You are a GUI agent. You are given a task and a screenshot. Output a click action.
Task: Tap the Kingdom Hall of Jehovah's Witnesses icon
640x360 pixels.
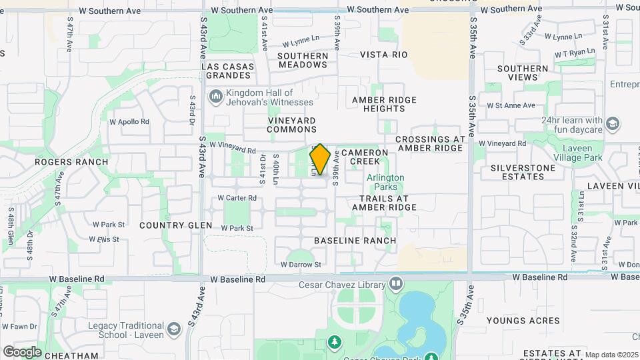pyautogui.click(x=215, y=98)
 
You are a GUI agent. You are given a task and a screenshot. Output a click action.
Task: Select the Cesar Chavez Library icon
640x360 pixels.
pyautogui.click(x=396, y=285)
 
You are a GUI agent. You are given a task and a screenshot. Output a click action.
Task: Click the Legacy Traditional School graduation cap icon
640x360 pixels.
pyautogui.click(x=174, y=330)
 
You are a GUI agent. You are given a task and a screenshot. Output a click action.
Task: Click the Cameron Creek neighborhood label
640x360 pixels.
pyautogui.click(x=365, y=157)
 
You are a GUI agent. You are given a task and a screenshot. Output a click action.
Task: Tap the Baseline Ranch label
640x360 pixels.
pyautogui.click(x=355, y=240)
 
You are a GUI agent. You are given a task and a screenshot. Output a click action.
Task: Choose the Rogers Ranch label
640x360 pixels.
pyautogui.click(x=81, y=162)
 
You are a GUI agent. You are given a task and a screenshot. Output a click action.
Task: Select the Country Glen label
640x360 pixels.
pyautogui.click(x=169, y=225)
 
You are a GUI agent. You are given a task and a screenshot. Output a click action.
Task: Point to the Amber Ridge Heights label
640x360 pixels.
pyautogui.click(x=384, y=104)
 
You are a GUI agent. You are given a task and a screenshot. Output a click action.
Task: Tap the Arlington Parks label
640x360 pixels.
pyautogui.click(x=385, y=182)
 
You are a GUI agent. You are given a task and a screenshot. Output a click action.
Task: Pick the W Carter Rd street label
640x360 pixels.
pyautogui.click(x=238, y=198)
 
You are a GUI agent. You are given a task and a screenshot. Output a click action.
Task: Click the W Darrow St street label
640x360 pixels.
pyautogui.click(x=301, y=265)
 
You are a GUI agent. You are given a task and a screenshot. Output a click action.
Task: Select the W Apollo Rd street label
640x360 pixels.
pyautogui.click(x=130, y=122)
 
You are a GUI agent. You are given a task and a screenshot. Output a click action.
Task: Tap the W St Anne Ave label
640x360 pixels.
pyautogui.click(x=511, y=105)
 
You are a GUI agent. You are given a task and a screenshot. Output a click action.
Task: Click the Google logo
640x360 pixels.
pyautogui.click(x=22, y=351)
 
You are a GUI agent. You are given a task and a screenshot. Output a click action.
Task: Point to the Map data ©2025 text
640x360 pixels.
pyautogui.click(x=612, y=354)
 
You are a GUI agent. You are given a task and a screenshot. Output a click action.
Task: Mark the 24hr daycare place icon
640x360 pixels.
pyautogui.click(x=613, y=124)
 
